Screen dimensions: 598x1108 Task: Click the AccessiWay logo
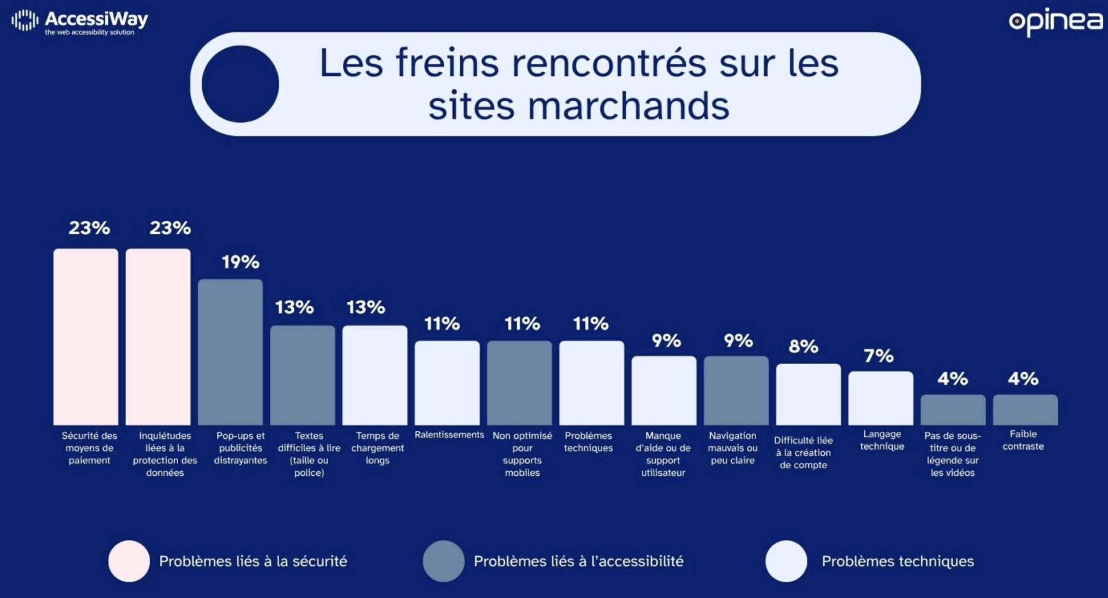(x=79, y=21)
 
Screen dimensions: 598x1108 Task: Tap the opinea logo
(x=1056, y=21)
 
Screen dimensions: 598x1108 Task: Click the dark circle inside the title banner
(x=240, y=84)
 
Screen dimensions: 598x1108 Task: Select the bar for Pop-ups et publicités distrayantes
(x=230, y=352)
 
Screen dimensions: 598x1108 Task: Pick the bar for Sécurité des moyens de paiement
(x=86, y=337)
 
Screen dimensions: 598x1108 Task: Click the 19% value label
(x=241, y=262)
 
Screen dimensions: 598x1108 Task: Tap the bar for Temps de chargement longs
(x=375, y=375)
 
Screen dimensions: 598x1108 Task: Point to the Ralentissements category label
(x=449, y=435)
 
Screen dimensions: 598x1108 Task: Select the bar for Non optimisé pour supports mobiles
(x=519, y=383)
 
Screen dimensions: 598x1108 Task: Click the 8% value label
(x=803, y=347)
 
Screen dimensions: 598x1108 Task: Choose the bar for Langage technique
(x=880, y=398)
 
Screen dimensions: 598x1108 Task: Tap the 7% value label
(x=878, y=356)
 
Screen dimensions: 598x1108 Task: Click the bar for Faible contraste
(x=1025, y=410)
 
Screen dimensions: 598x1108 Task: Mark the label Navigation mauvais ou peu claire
(x=732, y=448)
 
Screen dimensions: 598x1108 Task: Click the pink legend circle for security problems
(x=129, y=561)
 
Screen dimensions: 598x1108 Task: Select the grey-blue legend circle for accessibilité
(x=443, y=561)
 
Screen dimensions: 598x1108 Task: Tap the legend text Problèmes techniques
(x=897, y=561)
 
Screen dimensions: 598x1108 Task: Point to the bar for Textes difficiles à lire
(x=302, y=375)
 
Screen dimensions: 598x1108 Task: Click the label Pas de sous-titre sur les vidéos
(x=952, y=454)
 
